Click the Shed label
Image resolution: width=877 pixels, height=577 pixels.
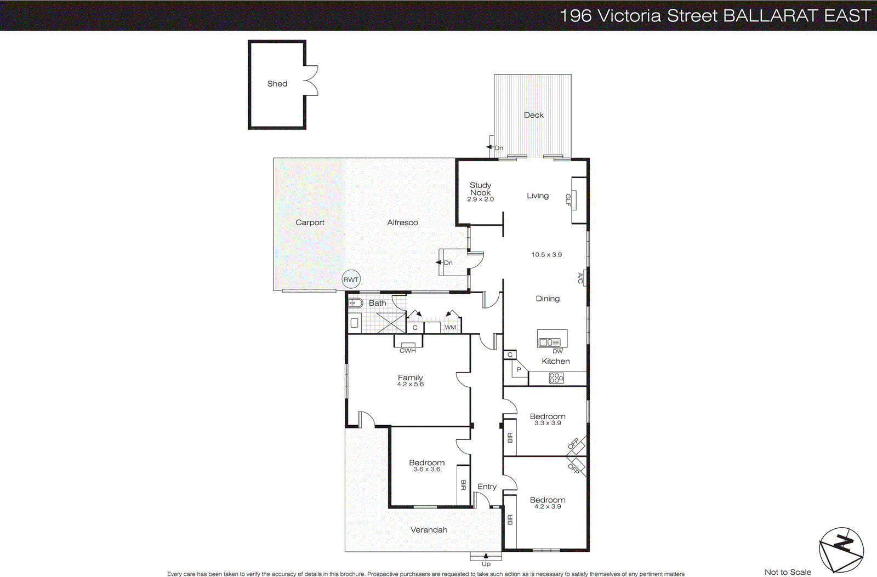(277, 84)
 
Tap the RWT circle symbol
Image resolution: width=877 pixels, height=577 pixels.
(351, 279)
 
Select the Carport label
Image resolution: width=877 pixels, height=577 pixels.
(310, 222)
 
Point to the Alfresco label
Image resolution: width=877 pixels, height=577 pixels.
(402, 222)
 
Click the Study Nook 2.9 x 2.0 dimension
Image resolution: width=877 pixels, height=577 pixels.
(480, 199)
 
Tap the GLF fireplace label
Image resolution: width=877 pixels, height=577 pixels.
(568, 201)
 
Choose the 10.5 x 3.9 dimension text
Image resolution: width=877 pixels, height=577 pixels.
(546, 255)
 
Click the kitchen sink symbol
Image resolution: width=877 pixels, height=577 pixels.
(549, 342)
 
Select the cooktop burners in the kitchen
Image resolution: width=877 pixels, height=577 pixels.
(556, 378)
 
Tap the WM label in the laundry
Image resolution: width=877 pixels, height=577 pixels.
(450, 328)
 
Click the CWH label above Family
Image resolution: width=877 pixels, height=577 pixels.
(407, 351)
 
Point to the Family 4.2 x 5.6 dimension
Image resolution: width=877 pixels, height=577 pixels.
(410, 385)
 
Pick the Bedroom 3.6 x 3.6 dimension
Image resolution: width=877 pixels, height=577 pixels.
(426, 470)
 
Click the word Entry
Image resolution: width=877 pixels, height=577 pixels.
(487, 487)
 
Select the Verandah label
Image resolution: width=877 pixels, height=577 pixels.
(429, 530)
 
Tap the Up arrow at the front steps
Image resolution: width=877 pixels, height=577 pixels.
(486, 557)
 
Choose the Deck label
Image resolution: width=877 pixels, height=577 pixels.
(533, 115)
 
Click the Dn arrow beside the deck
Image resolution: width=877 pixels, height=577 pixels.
(489, 147)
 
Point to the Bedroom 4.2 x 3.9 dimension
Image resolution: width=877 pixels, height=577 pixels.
(547, 507)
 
